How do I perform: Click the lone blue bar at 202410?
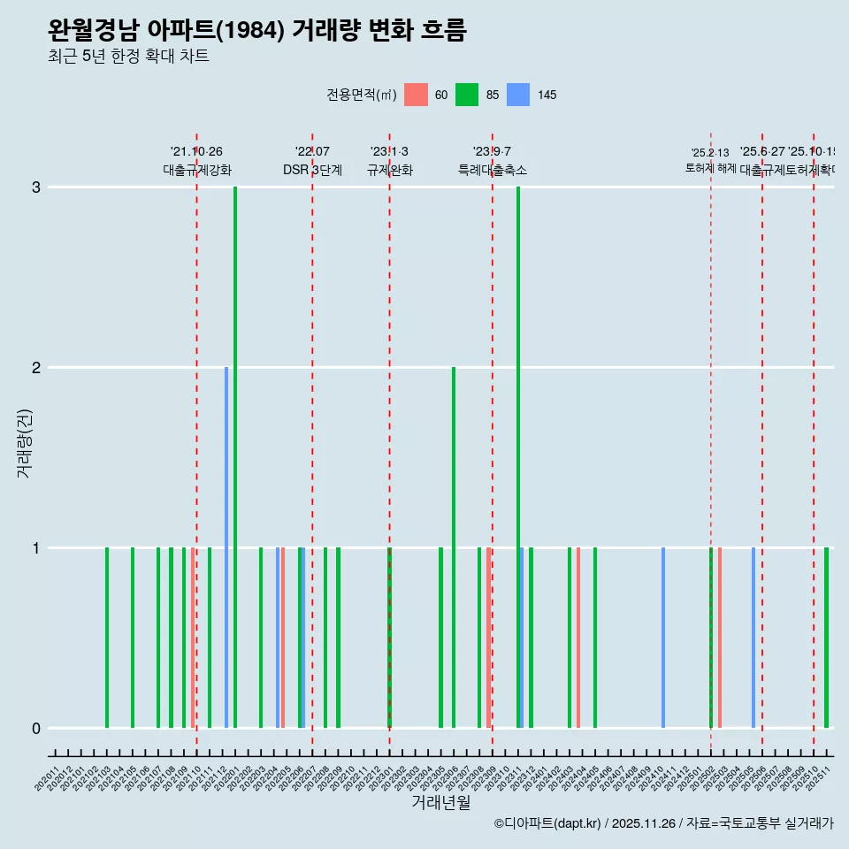tap(663, 637)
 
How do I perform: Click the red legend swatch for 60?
tap(416, 95)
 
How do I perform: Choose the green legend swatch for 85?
tap(467, 95)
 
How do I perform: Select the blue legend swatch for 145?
tap(518, 95)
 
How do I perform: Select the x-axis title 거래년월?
tap(440, 802)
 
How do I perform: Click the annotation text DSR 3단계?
tap(312, 170)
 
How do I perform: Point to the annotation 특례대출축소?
tap(493, 170)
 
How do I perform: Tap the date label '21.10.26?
tap(196, 152)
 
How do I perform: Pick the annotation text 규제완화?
tap(389, 170)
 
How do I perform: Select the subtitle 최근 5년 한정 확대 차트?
tap(128, 57)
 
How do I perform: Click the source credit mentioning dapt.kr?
tap(663, 823)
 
